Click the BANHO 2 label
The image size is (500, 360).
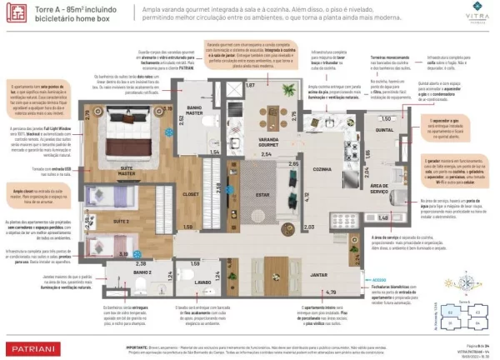[x=142, y=272]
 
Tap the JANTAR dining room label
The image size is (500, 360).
[x=317, y=273]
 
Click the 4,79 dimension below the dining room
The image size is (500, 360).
[x=332, y=292]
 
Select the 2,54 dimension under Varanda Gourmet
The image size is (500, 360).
[x=267, y=154]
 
